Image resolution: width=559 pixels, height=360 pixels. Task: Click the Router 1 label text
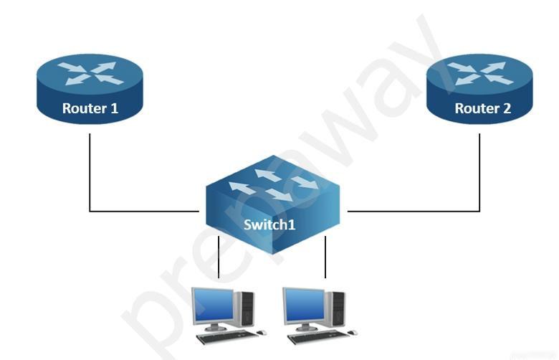point(90,108)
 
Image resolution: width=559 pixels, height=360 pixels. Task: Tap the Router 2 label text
point(483,108)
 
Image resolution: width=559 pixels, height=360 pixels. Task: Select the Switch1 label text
point(269,224)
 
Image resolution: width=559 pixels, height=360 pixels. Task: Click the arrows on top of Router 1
point(90,73)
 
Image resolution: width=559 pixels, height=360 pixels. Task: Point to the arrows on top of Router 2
point(481,73)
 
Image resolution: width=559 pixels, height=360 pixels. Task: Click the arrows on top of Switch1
point(274,185)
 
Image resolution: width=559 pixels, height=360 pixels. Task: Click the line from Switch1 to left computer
point(219,257)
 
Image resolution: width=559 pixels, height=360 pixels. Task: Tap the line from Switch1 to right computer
point(325,257)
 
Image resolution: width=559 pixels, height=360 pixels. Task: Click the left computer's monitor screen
point(213,305)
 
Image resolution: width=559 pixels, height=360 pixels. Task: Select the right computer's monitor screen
point(305,305)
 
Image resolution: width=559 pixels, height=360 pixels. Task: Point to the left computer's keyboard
point(226,337)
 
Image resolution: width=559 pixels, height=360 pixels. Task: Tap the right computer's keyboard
point(318,337)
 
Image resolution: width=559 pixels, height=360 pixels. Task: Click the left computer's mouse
point(262,333)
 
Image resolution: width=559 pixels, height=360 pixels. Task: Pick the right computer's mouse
point(353,333)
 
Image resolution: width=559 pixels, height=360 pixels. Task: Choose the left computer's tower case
point(244,308)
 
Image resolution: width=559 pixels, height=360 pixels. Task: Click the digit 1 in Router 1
point(115,108)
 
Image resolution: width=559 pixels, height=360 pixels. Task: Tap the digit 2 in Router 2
point(507,108)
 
